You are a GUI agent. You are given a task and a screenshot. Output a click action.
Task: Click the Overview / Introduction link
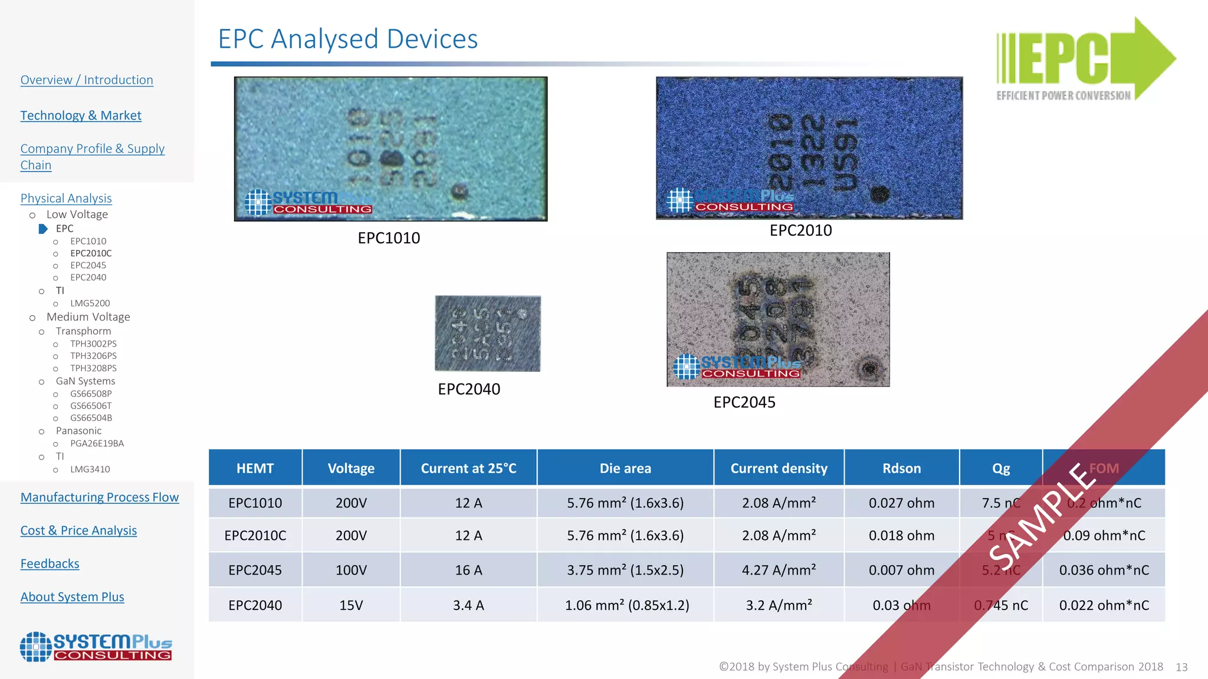coord(87,80)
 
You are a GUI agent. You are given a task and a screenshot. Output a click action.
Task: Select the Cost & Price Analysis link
coord(78,530)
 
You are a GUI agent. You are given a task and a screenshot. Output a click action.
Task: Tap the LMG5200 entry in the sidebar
coord(90,304)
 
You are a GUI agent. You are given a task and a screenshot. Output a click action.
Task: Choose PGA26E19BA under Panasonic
coord(97,444)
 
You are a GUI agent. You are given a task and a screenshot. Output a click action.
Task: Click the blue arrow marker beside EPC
coord(43,229)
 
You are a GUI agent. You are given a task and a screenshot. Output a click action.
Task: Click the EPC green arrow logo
coord(1085,59)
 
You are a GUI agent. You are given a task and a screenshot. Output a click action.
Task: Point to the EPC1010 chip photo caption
coord(389,238)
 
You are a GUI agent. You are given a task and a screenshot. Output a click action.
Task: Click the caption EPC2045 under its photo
coord(744,403)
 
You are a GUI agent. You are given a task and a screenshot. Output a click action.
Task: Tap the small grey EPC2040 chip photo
coord(487,334)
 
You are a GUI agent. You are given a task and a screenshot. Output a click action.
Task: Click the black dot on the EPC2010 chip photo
coord(879,194)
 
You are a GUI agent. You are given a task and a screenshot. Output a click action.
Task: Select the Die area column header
coord(625,469)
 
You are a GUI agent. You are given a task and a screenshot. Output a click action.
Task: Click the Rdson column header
coord(901,469)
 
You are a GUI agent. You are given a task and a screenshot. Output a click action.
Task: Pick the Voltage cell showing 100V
coord(351,571)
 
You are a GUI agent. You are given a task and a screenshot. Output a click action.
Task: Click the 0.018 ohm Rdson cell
coord(901,536)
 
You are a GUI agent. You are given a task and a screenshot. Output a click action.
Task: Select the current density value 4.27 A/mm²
coord(779,571)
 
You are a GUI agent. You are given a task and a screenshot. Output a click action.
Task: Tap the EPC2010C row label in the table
coord(255,536)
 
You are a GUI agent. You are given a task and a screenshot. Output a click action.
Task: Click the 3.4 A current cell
coord(468,605)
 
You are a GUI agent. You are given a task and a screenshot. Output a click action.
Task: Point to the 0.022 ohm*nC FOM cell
coord(1104,605)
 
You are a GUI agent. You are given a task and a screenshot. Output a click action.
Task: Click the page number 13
coord(1181,667)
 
